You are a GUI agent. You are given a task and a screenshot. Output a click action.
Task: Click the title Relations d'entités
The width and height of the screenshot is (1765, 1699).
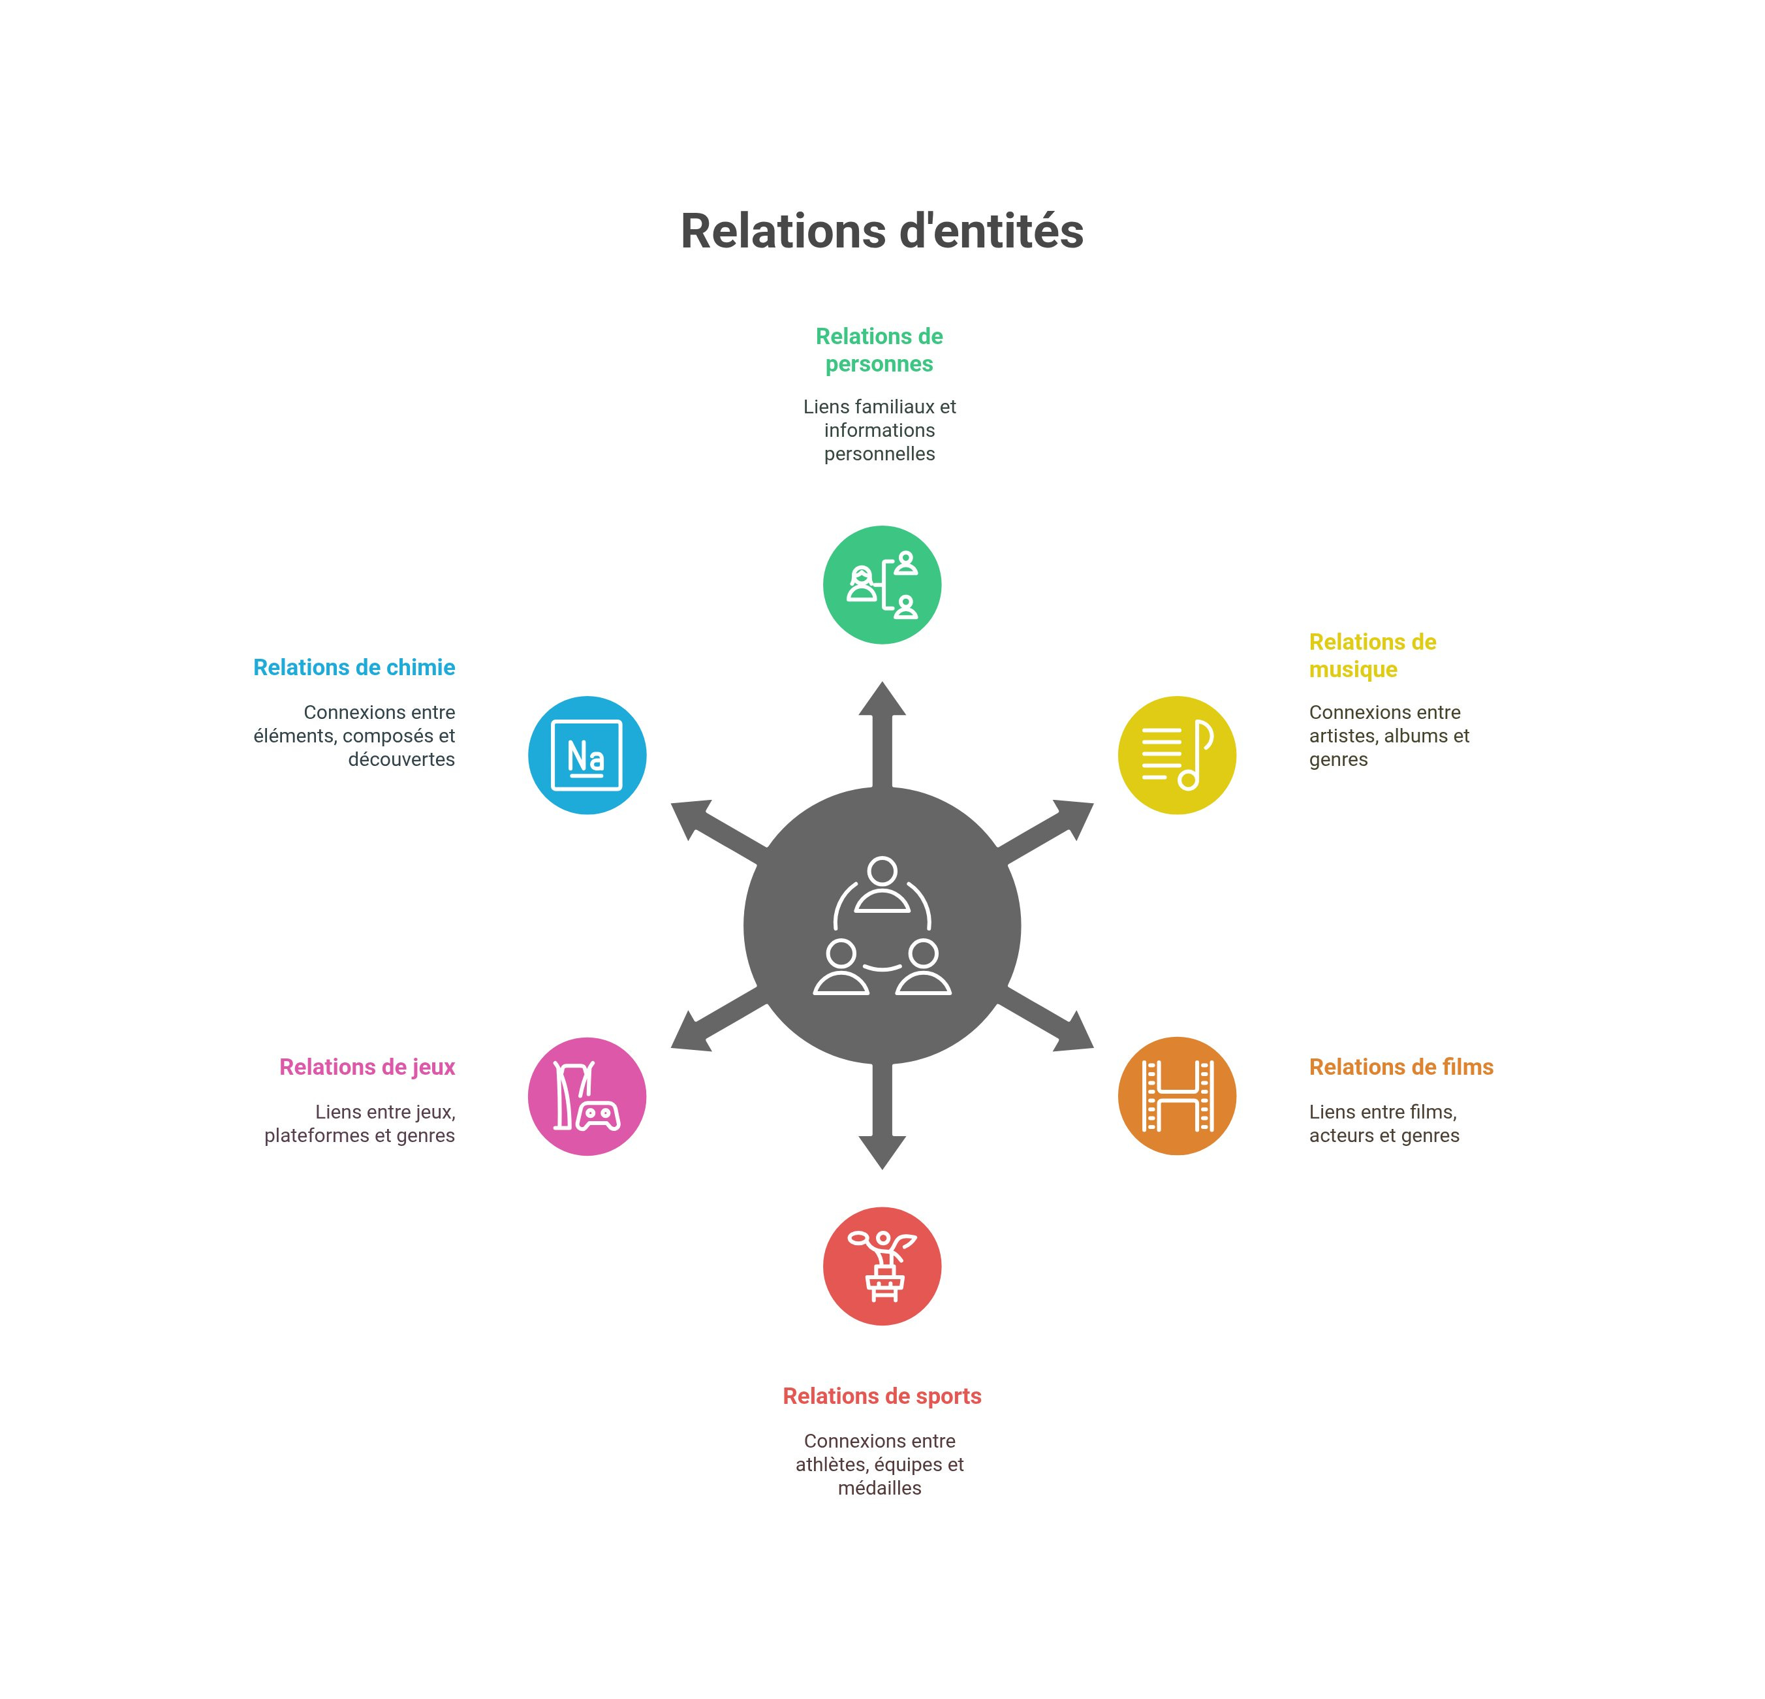coord(882,232)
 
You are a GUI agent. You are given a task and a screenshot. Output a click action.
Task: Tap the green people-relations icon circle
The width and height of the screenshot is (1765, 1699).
coord(882,584)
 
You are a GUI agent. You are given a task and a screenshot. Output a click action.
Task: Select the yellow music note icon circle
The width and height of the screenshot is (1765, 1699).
coord(1176,755)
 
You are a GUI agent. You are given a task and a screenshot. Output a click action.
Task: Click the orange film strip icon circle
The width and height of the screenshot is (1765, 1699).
coord(1176,1096)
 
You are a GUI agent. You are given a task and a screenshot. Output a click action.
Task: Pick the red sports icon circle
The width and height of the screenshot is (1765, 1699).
coord(882,1265)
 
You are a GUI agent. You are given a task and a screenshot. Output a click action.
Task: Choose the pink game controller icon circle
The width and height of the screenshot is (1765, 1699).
coord(586,1096)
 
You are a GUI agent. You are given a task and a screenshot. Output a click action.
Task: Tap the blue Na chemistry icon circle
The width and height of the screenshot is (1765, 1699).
coord(586,755)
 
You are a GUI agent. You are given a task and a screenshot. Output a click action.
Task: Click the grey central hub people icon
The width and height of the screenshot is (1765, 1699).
coord(882,925)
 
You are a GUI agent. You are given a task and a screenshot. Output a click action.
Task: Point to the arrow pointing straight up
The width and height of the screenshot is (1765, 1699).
coord(882,721)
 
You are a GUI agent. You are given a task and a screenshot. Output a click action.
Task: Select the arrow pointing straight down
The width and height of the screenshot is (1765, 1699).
coord(882,1130)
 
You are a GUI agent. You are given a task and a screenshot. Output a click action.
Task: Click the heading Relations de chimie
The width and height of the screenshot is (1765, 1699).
coord(354,667)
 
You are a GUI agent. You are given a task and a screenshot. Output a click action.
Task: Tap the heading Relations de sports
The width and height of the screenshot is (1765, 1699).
coord(882,1395)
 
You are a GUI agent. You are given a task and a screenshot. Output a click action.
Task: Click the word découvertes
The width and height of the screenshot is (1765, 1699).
coord(401,759)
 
